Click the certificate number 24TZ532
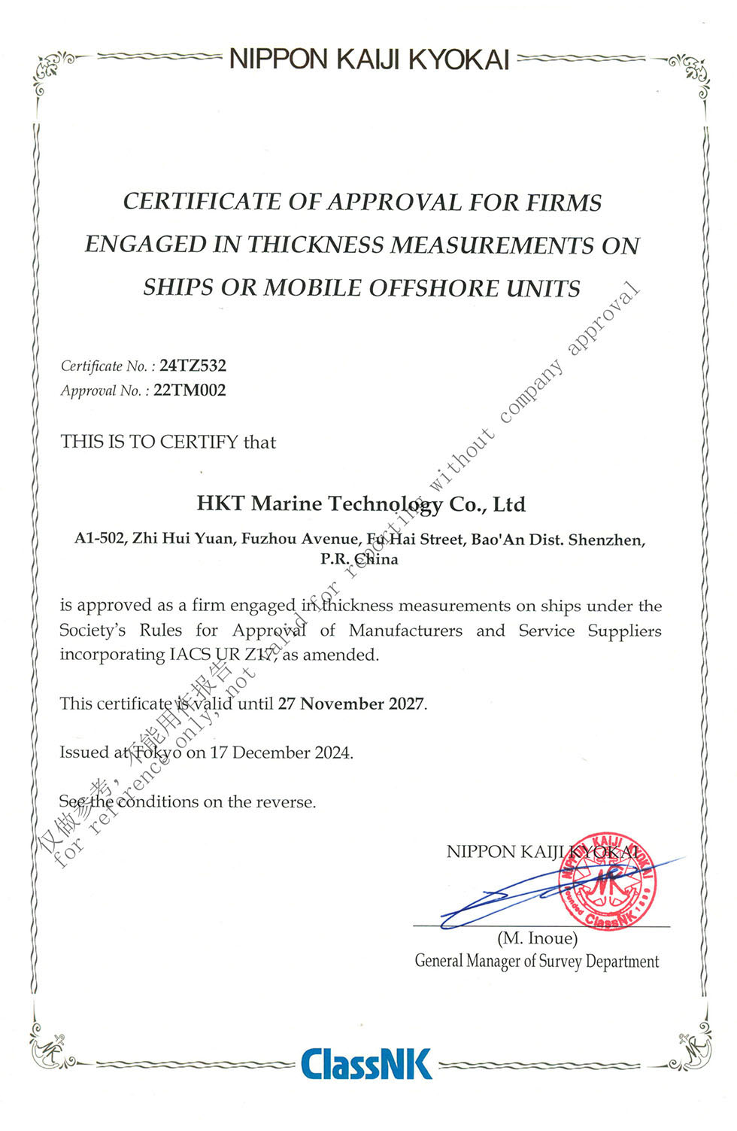coord(193,366)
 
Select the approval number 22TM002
coord(190,391)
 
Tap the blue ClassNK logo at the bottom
coord(367,1063)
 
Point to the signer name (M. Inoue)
coord(537,938)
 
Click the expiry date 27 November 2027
coord(351,704)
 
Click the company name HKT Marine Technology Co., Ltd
coord(361,503)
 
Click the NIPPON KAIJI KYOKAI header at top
coord(369,59)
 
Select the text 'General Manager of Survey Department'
coord(536,962)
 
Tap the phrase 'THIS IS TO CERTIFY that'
coord(168,442)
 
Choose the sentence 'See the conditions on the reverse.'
coord(188,802)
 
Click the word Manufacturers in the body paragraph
coord(405,631)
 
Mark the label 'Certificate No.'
coord(105,366)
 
